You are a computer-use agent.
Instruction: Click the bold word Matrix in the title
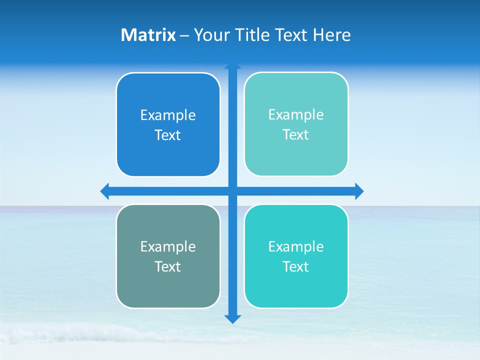(148, 35)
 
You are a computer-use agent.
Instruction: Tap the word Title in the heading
(254, 35)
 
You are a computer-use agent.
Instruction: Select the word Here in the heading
(331, 35)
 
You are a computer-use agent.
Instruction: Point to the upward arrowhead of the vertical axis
(232, 66)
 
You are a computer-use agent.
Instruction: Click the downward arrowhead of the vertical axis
(232, 318)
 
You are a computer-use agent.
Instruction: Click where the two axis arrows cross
(232, 191)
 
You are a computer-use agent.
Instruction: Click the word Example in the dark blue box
(168, 115)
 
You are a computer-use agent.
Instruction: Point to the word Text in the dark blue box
(168, 135)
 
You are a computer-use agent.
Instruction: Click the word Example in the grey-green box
(168, 246)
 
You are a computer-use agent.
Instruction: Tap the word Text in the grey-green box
(168, 266)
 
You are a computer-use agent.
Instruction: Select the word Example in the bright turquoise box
(296, 246)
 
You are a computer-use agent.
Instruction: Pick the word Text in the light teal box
(296, 135)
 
